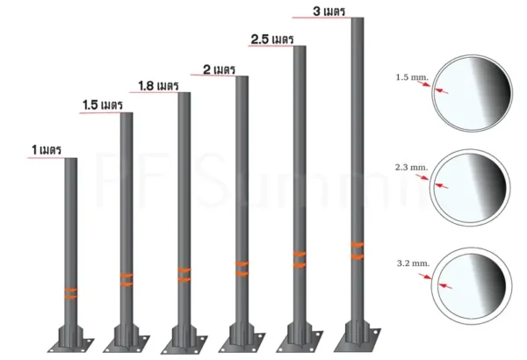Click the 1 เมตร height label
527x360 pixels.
(x=47, y=149)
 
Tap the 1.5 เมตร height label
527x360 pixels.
(x=103, y=104)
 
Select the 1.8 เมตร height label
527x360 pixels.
(x=158, y=86)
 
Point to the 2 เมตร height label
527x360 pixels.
(x=219, y=69)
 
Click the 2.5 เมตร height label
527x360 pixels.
(x=272, y=40)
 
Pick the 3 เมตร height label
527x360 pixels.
(x=329, y=11)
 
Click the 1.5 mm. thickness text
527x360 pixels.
(x=413, y=77)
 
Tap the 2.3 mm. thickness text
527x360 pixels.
(x=412, y=167)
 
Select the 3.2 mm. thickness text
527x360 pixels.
(x=413, y=263)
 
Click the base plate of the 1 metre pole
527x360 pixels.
(x=70, y=345)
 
